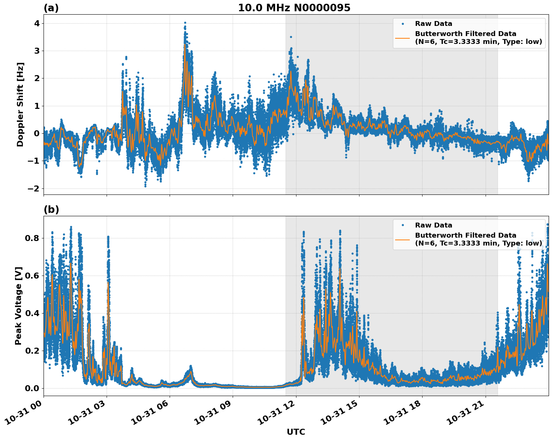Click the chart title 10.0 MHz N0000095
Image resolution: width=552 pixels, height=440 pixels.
click(294, 8)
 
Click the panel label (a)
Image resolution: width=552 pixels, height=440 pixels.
click(51, 8)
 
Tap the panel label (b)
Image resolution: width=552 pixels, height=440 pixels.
click(51, 209)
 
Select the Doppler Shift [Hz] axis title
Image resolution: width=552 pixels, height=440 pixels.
click(20, 104)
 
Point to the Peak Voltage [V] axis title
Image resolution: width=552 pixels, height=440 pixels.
click(18, 306)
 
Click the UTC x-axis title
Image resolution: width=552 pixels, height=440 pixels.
click(296, 432)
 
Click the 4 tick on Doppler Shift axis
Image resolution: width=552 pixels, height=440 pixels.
click(37, 23)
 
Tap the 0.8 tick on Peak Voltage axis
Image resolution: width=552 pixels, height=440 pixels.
click(32, 238)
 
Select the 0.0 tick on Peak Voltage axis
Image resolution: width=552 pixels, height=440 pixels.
click(32, 388)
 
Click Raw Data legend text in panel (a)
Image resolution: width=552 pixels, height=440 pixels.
click(433, 24)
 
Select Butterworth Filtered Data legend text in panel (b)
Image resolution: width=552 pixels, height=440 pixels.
click(465, 235)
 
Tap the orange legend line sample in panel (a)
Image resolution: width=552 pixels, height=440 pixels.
click(403, 38)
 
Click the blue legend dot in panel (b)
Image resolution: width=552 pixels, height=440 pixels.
click(403, 225)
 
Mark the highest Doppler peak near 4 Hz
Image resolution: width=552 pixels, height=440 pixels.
click(185, 23)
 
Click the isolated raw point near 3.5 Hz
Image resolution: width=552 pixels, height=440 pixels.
click(291, 37)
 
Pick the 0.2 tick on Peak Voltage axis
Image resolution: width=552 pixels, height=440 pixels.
click(32, 351)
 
